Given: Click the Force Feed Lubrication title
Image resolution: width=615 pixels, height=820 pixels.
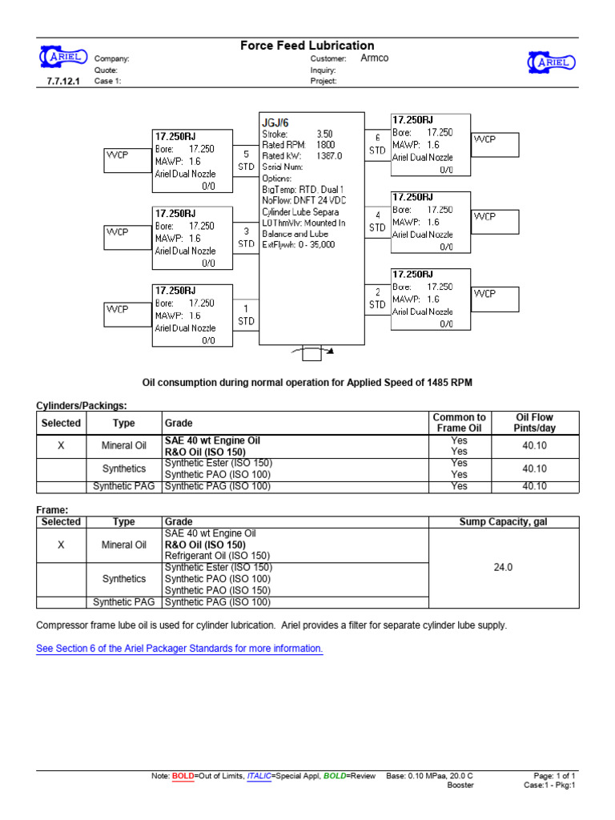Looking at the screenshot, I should pyautogui.click(x=307, y=46).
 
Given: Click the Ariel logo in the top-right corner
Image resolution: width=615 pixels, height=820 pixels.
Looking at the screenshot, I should pyautogui.click(x=550, y=62).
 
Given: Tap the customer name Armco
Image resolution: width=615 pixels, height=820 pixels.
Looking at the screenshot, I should pyautogui.click(x=374, y=58).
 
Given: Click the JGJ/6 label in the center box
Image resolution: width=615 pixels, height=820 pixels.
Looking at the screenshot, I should pyautogui.click(x=275, y=122).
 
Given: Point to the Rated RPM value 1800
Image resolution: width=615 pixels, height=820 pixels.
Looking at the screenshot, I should pyautogui.click(x=327, y=145).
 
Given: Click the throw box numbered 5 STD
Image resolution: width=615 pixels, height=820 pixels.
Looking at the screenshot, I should pyautogui.click(x=246, y=160).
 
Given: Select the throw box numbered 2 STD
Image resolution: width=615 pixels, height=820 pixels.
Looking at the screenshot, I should pyautogui.click(x=377, y=299).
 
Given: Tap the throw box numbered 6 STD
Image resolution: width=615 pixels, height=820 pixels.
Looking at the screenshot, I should pyautogui.click(x=377, y=143).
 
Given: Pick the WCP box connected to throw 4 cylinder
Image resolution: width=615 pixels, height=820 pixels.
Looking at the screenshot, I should pyautogui.click(x=495, y=221).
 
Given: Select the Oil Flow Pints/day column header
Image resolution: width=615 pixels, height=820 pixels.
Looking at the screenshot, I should pyautogui.click(x=535, y=423).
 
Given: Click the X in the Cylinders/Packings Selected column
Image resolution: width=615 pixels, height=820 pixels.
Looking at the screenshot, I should pyautogui.click(x=61, y=445).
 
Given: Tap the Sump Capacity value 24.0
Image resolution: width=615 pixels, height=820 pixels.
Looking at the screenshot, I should pyautogui.click(x=502, y=567).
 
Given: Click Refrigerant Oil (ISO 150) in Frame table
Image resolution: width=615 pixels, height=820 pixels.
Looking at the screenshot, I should pyautogui.click(x=218, y=555).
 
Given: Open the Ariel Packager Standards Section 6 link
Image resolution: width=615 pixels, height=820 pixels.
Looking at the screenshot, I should pyautogui.click(x=179, y=648).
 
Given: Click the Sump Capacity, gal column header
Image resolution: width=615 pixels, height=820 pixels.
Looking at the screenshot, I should pyautogui.click(x=503, y=521).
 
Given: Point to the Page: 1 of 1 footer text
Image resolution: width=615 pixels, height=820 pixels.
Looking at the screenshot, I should pyautogui.click(x=554, y=776).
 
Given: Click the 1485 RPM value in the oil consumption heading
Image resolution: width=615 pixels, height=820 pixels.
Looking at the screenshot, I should pyautogui.click(x=448, y=383).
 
